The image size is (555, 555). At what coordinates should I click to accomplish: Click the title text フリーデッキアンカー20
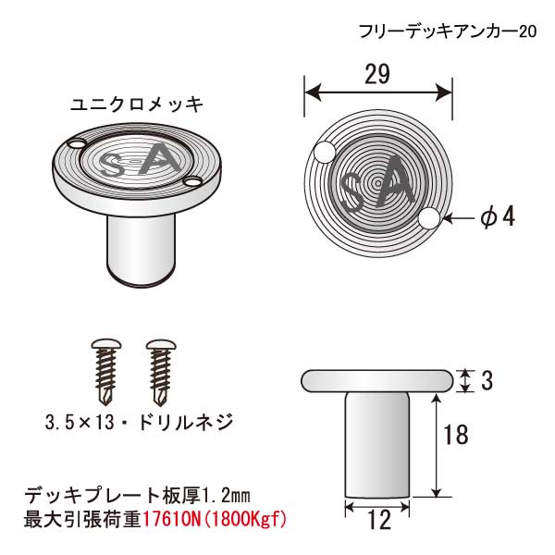click(448, 31)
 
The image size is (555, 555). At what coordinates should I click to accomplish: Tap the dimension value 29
click(377, 74)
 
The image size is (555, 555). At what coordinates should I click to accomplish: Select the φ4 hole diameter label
click(498, 216)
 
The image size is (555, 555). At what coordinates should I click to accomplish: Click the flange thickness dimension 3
click(487, 381)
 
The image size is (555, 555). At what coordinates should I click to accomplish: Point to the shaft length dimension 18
click(456, 435)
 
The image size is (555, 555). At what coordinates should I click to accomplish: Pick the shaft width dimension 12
click(379, 520)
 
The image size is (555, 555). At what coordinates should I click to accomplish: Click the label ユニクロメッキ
click(137, 105)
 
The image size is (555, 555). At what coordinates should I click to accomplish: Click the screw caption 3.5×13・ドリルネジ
click(139, 422)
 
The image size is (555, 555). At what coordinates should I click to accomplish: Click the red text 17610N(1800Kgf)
click(215, 520)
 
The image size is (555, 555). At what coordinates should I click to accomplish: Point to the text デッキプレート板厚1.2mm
click(137, 496)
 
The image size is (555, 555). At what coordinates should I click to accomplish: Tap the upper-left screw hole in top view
click(325, 153)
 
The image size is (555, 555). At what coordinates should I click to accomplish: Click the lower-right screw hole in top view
click(429, 218)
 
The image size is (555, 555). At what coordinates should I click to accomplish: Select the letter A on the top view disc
click(395, 181)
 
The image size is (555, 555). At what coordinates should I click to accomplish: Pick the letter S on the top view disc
click(351, 193)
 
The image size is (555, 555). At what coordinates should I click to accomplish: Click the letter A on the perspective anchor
click(160, 159)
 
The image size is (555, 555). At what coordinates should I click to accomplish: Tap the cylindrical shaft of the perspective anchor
click(141, 248)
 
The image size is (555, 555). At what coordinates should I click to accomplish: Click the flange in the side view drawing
click(377, 381)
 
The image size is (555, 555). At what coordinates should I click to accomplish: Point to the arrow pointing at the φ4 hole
click(459, 218)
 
